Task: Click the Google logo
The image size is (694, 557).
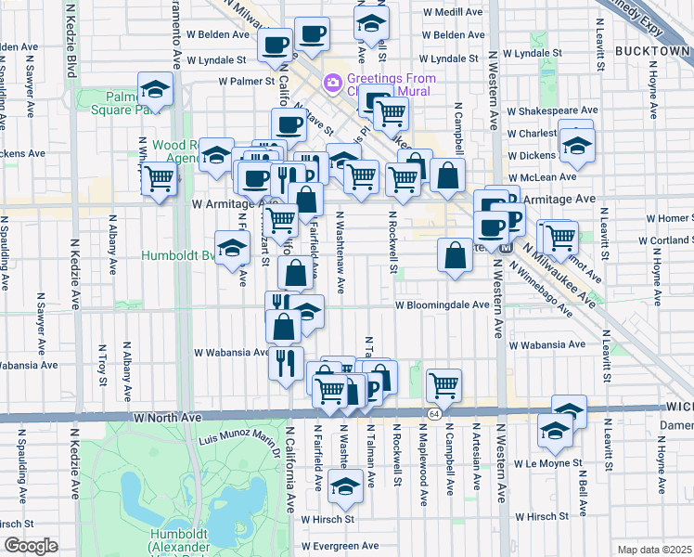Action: (x=31, y=545)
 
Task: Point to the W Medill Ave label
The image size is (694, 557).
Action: (x=453, y=13)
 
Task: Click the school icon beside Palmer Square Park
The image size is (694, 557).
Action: (x=155, y=90)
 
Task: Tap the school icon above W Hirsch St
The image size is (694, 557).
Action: (x=345, y=486)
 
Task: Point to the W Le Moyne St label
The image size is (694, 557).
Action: (x=547, y=462)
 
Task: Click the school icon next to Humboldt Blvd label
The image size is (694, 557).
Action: (x=232, y=247)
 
